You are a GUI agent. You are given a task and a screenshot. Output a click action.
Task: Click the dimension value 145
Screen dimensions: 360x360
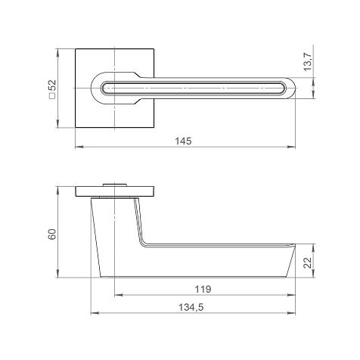(x=183, y=141)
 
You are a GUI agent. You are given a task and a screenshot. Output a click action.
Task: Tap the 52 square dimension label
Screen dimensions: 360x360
(x=53, y=86)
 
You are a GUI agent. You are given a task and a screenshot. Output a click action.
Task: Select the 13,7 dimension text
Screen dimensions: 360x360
(x=308, y=63)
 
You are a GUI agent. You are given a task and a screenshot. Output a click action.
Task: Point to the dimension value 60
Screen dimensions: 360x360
(x=52, y=234)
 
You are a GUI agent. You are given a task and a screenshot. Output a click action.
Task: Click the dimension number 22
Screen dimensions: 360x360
(x=308, y=263)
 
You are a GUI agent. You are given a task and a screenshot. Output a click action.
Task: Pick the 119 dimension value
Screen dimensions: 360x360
(x=203, y=289)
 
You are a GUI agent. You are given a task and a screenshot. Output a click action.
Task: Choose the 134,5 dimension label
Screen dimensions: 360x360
(x=191, y=308)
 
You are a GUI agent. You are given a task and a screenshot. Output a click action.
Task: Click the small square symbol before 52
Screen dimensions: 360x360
(x=53, y=96)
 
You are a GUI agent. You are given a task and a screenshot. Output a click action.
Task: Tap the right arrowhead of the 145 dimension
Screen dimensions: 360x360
(x=291, y=147)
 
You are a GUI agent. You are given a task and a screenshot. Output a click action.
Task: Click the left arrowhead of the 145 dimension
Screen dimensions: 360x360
(x=79, y=147)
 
